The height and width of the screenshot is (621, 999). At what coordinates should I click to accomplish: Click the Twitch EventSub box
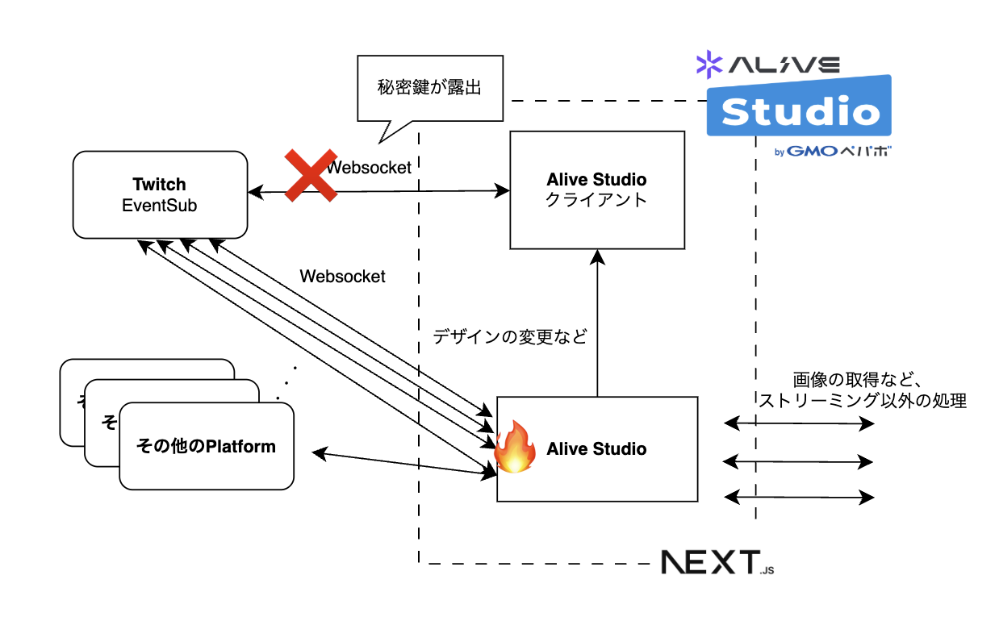(x=160, y=194)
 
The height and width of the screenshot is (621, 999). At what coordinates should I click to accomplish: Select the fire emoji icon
(x=516, y=448)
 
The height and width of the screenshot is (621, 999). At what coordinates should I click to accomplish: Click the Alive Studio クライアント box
(x=597, y=190)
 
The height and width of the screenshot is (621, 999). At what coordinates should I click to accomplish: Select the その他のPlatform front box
(x=207, y=446)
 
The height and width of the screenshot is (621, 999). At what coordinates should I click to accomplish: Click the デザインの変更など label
(x=510, y=337)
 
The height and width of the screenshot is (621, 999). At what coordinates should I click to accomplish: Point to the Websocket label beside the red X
(x=370, y=168)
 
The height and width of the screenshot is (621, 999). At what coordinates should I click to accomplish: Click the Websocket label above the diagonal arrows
(x=342, y=277)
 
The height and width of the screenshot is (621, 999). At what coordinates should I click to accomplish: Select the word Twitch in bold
(x=160, y=185)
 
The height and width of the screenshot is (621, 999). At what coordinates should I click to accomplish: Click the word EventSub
(x=160, y=206)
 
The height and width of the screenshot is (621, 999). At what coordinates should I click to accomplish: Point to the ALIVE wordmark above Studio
(x=784, y=65)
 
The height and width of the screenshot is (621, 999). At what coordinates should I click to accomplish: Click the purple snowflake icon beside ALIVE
(x=709, y=65)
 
